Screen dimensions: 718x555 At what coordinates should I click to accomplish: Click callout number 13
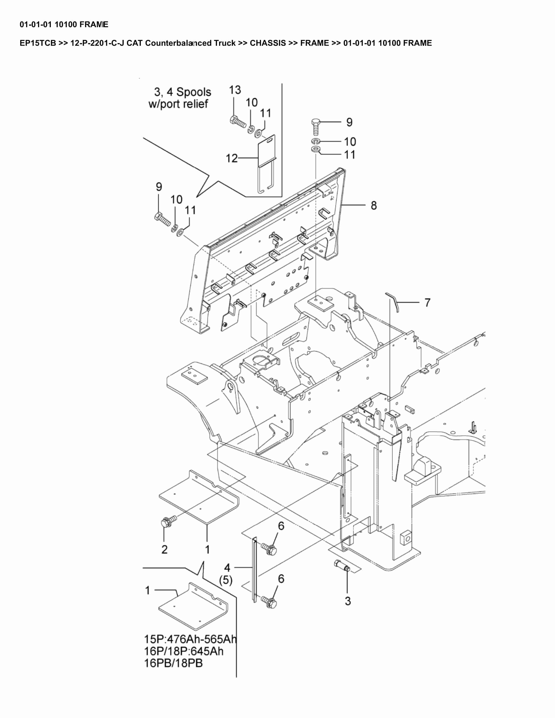click(235, 90)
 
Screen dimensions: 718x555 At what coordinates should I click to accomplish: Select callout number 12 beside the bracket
click(231, 158)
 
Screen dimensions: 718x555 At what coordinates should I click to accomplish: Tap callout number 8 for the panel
click(373, 206)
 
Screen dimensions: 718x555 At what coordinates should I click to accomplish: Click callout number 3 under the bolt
click(348, 601)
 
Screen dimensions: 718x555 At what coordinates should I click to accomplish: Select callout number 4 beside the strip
click(227, 568)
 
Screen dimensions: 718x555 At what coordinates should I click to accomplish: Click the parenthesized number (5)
click(226, 580)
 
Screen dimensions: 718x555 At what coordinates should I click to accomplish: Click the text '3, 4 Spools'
click(183, 92)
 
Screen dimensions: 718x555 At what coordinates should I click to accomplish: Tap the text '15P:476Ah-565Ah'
click(190, 639)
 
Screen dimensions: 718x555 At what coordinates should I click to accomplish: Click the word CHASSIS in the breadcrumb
click(268, 43)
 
